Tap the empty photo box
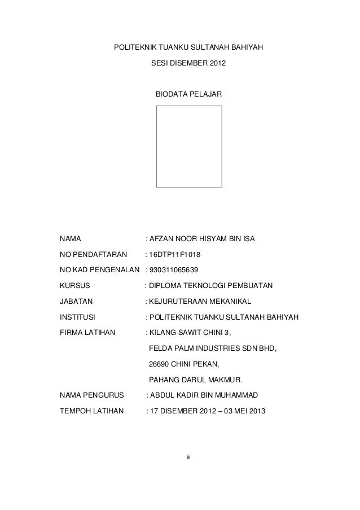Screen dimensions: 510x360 (189, 146)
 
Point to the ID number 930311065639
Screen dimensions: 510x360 (174, 270)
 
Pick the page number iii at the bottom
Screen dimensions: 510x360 (189, 456)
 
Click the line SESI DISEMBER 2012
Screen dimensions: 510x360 (188, 67)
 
